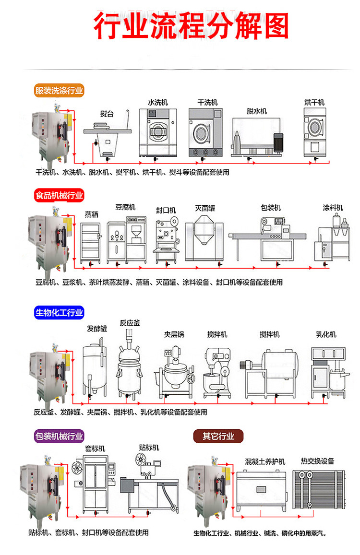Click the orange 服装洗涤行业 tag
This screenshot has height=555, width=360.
(59, 90)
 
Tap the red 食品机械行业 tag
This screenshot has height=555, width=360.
(59, 195)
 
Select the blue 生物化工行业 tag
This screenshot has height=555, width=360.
(59, 313)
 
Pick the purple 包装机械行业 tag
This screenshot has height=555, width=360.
(59, 436)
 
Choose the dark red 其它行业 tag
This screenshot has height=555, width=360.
(218, 436)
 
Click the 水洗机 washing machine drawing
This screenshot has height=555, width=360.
(158, 131)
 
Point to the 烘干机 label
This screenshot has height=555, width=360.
(314, 102)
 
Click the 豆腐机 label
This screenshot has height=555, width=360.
(125, 207)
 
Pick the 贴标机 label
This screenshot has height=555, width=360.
(149, 448)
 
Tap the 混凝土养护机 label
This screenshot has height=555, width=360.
(265, 461)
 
